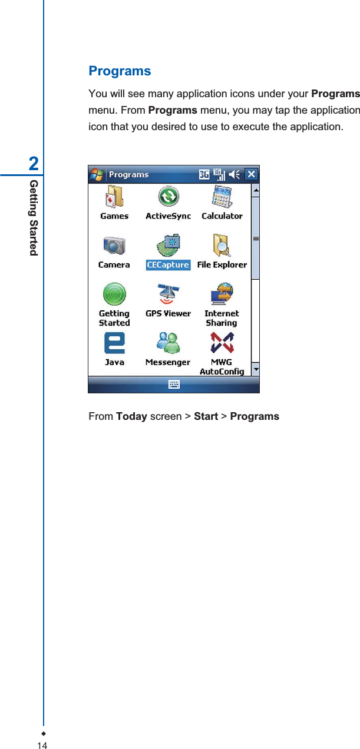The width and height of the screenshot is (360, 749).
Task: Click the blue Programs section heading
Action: [x=120, y=71]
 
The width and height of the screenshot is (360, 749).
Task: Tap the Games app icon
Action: [x=114, y=197]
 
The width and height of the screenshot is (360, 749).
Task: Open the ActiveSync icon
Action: [x=169, y=197]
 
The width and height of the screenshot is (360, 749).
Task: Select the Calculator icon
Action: [x=222, y=197]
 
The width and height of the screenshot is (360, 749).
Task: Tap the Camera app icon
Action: [x=114, y=246]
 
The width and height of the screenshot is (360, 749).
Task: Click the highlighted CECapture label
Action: [x=168, y=265]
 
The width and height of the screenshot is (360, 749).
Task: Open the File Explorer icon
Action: [x=222, y=246]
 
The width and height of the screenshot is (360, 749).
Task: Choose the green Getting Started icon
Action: [x=114, y=294]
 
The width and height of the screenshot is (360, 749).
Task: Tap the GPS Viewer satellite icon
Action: [x=169, y=294]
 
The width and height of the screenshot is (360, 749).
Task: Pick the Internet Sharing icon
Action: [x=222, y=294]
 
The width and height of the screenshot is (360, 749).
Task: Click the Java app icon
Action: [x=114, y=343]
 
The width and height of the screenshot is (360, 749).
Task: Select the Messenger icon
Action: [x=169, y=343]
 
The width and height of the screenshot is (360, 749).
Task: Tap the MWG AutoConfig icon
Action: [x=222, y=343]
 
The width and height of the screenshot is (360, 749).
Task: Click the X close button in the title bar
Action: [x=252, y=174]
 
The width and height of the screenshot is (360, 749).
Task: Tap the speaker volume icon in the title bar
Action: [x=235, y=174]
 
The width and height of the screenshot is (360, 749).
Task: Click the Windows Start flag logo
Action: [x=97, y=174]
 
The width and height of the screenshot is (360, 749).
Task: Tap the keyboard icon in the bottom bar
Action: [x=174, y=385]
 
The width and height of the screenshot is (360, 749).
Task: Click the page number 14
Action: [x=42, y=745]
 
